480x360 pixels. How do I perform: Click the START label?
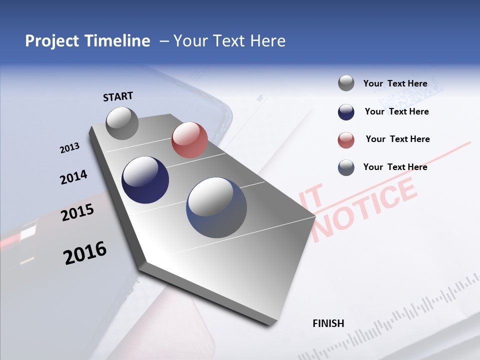[x=118, y=96]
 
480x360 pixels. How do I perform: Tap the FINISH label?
[x=328, y=323]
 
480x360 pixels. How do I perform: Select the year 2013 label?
[x=70, y=147]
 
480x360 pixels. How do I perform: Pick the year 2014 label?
[x=74, y=177]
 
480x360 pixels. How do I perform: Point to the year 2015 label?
[x=77, y=212]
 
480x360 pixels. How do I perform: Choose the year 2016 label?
[x=85, y=253]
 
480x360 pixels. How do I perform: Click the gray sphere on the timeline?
[x=122, y=123]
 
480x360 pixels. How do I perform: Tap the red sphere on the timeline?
[x=189, y=140]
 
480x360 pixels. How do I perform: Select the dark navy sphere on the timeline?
[x=145, y=180]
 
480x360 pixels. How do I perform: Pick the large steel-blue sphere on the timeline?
[x=216, y=207]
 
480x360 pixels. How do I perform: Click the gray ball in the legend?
[x=346, y=83]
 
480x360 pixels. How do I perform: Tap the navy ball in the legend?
[x=346, y=112]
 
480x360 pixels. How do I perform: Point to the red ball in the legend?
[x=346, y=140]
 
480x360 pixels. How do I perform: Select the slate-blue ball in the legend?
[x=346, y=167]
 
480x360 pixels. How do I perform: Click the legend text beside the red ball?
[x=397, y=139]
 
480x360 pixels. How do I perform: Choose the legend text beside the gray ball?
[x=395, y=83]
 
